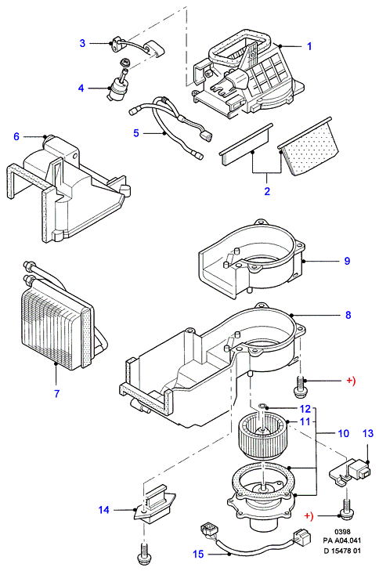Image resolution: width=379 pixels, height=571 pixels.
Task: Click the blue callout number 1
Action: tap(309, 46)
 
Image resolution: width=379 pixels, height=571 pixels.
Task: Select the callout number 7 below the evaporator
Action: tap(56, 394)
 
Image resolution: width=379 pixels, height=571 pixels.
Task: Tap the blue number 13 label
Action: tap(368, 433)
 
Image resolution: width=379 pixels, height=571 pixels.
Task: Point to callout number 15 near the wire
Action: tap(198, 554)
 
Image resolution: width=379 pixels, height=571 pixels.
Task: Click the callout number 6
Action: tap(16, 136)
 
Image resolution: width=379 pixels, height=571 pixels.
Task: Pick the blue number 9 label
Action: tap(347, 261)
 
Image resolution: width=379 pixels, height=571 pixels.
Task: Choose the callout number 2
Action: tap(267, 191)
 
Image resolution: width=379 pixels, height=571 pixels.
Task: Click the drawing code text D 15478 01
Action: tap(343, 551)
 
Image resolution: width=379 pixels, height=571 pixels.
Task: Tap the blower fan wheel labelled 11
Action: tap(262, 435)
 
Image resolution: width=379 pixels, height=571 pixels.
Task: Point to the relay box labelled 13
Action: tap(350, 472)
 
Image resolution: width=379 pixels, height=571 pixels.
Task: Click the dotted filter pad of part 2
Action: tap(310, 146)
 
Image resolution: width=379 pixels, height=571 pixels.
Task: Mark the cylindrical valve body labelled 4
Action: tap(117, 89)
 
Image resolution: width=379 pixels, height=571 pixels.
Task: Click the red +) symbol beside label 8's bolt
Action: tap(350, 381)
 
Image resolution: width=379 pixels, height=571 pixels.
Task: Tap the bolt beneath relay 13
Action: tap(345, 508)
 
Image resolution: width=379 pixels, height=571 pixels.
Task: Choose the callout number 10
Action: tap(343, 433)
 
